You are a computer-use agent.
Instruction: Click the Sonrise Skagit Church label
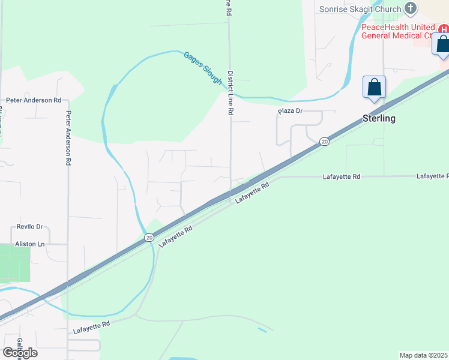click(x=360, y=9)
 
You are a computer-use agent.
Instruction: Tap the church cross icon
click(x=411, y=8)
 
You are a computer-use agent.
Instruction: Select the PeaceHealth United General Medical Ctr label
click(x=397, y=31)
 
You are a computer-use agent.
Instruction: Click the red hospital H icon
click(x=444, y=29)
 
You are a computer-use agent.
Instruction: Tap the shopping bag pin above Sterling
click(x=374, y=88)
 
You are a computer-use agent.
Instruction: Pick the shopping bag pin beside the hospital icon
click(x=442, y=46)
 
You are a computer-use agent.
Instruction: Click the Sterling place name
click(x=379, y=118)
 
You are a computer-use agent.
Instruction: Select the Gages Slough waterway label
click(x=203, y=67)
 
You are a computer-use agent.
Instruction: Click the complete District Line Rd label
click(x=230, y=93)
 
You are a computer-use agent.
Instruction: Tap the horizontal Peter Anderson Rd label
click(x=34, y=100)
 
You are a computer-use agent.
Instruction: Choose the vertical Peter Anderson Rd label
click(x=69, y=138)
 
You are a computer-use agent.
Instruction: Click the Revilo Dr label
click(x=27, y=227)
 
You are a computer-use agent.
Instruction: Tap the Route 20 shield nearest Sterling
click(x=324, y=141)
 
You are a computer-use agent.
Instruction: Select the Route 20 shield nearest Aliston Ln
click(x=149, y=238)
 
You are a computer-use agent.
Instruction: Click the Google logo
click(x=20, y=353)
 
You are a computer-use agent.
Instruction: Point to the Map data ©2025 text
click(x=423, y=355)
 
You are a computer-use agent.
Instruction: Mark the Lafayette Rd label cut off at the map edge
click(x=432, y=176)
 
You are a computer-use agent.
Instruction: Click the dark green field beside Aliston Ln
click(x=14, y=264)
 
